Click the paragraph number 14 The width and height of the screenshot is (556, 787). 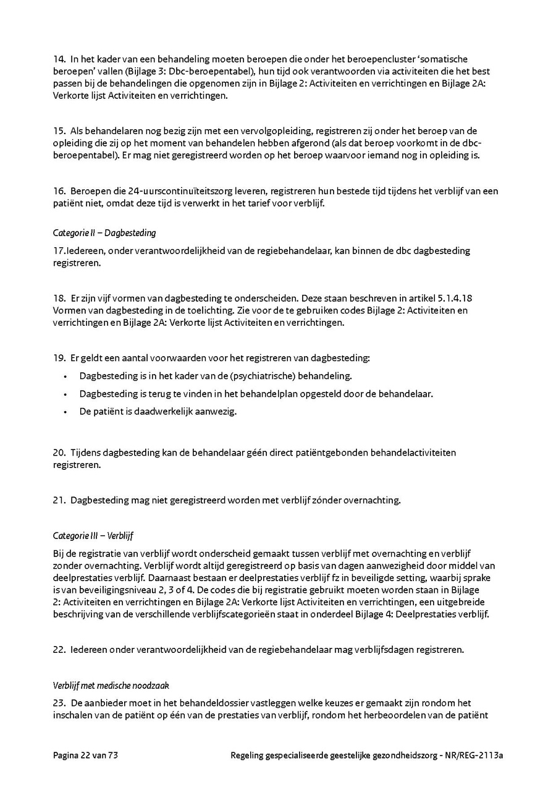click(59, 59)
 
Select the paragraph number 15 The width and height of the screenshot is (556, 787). click(59, 131)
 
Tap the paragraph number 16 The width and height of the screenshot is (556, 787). click(59, 191)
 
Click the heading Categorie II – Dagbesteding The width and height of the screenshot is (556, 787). click(104, 233)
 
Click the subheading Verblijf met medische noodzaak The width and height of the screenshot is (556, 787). click(111, 686)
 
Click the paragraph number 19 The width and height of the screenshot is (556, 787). click(59, 358)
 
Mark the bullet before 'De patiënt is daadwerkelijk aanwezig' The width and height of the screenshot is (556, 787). click(65, 412)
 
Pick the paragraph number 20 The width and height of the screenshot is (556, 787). click(59, 453)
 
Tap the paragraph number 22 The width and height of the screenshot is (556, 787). click(59, 650)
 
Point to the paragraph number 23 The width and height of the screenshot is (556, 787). click(59, 704)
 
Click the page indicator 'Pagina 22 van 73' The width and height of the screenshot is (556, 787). click(85, 755)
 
